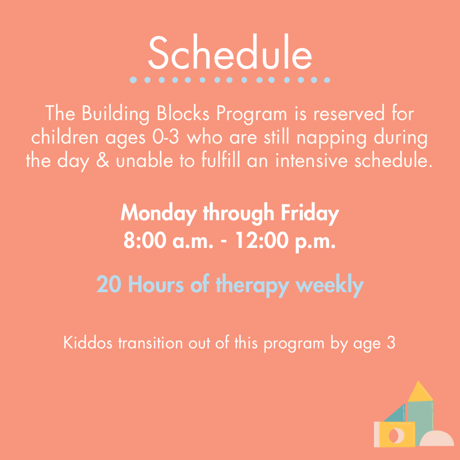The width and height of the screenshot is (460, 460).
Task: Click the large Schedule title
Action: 230,52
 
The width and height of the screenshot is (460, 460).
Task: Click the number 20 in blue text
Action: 109,284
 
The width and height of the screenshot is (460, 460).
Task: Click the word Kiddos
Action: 88,342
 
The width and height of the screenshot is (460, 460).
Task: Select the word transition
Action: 150,342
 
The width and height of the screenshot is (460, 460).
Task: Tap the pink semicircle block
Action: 437,438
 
